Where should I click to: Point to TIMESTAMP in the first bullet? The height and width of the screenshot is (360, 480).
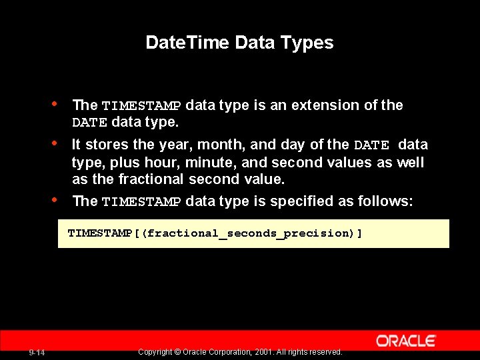coord(141,106)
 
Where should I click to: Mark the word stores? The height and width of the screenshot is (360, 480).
coord(106,145)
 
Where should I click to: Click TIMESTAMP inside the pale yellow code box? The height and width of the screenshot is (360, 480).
coord(100,233)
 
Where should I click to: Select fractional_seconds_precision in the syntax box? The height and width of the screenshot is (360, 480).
coord(249,233)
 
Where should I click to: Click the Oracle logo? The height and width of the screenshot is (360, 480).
coord(405,341)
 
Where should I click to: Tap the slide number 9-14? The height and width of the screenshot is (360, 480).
coord(37,353)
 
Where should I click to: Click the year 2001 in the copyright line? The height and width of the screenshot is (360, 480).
coord(263,352)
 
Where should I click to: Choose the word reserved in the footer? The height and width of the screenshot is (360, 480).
coord(326,352)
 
